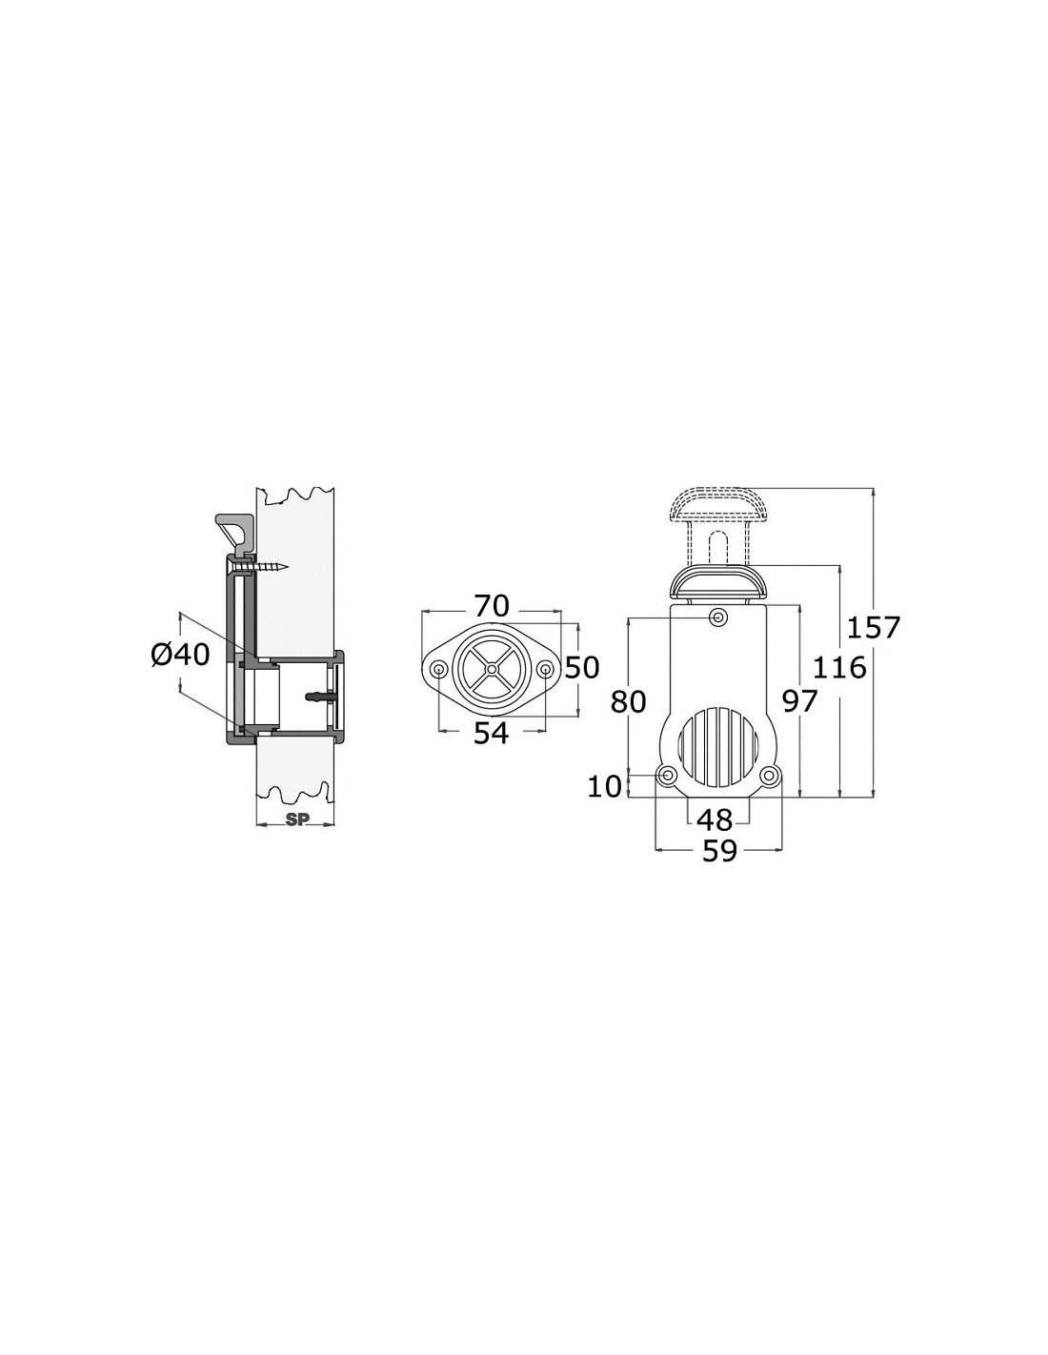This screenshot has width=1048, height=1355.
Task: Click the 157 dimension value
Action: pos(873,627)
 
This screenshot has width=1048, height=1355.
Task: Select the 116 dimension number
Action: pos(839,668)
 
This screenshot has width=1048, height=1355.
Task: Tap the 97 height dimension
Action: pos(800,702)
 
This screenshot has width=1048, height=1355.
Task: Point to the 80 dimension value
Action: pos(629,702)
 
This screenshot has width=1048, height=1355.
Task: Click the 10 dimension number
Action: pos(605,786)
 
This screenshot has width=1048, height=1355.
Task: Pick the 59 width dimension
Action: pos(719,851)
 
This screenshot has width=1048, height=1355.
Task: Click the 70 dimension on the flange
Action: pos(492,605)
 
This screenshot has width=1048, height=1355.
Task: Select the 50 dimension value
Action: pos(582,668)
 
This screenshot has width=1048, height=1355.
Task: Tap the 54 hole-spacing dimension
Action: pos(492,734)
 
